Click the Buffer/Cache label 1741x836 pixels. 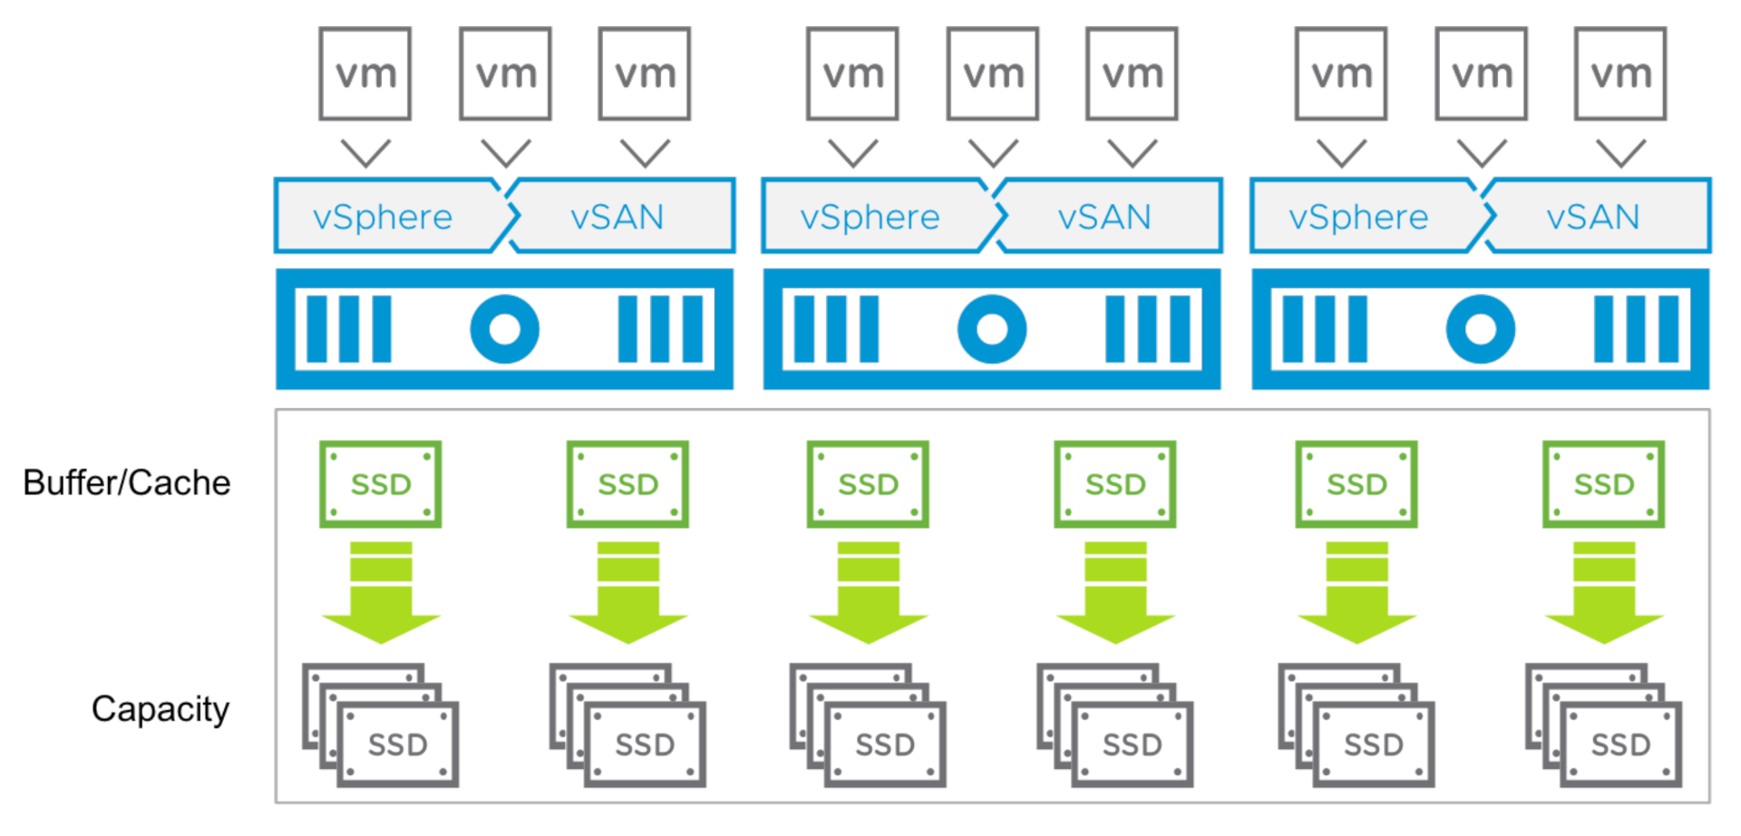tap(127, 483)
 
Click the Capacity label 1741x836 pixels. tap(160, 709)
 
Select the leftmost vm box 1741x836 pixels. tap(365, 73)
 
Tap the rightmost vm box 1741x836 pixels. tap(1620, 73)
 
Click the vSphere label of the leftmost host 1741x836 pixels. tap(383, 217)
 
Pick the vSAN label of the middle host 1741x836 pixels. tap(1104, 217)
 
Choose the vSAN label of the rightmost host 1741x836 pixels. tap(1593, 217)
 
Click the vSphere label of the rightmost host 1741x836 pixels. tap(1358, 217)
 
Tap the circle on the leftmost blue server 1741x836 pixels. tap(504, 329)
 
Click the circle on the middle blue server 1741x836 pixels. tap(992, 329)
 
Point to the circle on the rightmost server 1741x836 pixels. tap(1480, 329)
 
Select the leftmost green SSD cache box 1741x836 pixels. tap(381, 484)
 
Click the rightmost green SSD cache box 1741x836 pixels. tap(1603, 484)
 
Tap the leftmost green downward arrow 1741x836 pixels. tap(381, 594)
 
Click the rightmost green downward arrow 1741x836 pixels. tap(1603, 594)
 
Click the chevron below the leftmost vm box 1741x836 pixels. tap(365, 152)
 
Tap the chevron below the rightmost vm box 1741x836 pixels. tap(1620, 152)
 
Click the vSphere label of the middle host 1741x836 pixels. tap(870, 217)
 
